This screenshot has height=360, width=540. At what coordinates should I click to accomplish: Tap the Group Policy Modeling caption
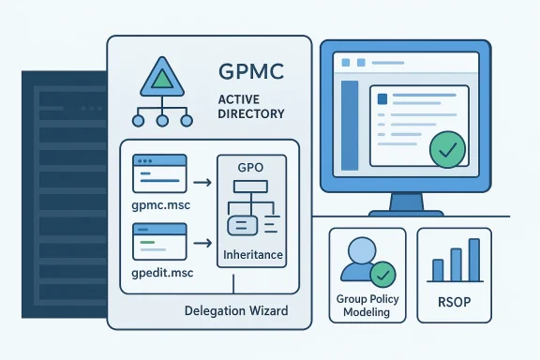pyautogui.click(x=367, y=306)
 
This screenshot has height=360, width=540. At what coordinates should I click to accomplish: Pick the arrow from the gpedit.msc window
pyautogui.click(x=199, y=246)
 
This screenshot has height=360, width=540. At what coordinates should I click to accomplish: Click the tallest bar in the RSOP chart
pyautogui.click(x=474, y=260)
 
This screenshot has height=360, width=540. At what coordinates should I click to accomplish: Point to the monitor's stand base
pyautogui.click(x=405, y=212)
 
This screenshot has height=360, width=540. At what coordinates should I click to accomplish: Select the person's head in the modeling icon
pyautogui.click(x=361, y=252)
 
